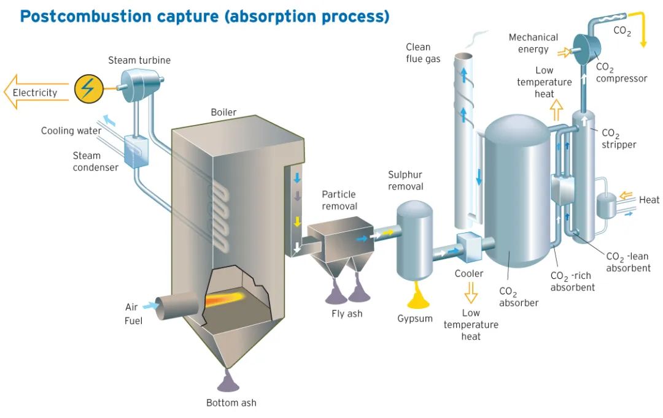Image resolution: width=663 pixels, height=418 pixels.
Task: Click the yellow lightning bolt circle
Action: pyautogui.click(x=89, y=89)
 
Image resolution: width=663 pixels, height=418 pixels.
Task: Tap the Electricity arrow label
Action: pyautogui.click(x=34, y=93)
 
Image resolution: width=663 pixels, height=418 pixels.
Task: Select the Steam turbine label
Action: pyautogui.click(x=139, y=61)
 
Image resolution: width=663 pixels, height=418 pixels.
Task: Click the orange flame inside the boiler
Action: pyautogui.click(x=224, y=298)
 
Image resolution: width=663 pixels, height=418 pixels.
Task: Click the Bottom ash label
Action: pyautogui.click(x=231, y=403)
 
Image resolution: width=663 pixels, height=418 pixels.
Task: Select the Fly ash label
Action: pyautogui.click(x=347, y=314)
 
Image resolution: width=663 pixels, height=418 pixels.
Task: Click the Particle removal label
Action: pyautogui.click(x=339, y=200)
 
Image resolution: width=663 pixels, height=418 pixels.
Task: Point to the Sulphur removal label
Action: pyautogui.click(x=406, y=180)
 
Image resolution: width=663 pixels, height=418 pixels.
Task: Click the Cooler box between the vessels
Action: pyautogui.click(x=469, y=247)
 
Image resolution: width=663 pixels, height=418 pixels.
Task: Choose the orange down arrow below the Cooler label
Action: pyautogui.click(x=471, y=292)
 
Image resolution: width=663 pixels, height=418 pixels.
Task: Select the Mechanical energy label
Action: pyautogui.click(x=533, y=43)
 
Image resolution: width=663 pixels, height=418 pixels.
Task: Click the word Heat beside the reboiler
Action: pyautogui.click(x=649, y=200)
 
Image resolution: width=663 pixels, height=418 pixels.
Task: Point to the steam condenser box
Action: pyautogui.click(x=136, y=151)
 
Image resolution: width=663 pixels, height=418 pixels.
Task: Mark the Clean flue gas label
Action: pyautogui.click(x=423, y=53)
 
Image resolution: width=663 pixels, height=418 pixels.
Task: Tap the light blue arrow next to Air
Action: pyautogui.click(x=150, y=305)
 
